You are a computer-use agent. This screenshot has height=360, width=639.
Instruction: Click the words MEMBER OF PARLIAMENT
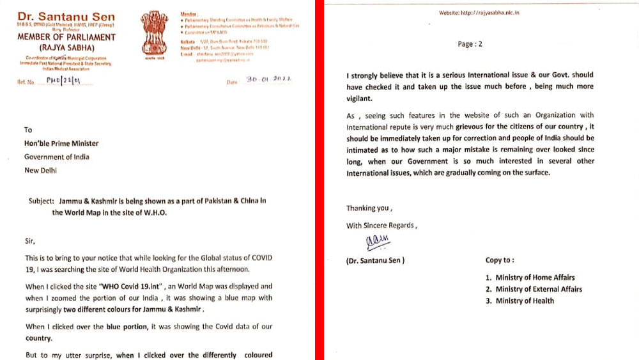coord(66,37)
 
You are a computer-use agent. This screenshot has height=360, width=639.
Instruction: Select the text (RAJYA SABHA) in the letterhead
coord(66,47)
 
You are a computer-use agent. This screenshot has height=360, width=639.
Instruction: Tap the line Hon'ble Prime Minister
coord(61,143)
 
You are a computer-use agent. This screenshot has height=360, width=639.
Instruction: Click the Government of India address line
coord(57,157)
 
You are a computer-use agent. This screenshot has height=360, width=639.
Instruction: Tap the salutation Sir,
coord(31,242)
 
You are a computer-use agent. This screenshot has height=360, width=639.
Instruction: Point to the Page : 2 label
coord(470,44)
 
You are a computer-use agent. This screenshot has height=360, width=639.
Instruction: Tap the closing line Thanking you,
coord(369,208)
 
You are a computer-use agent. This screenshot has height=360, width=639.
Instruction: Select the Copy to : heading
coord(500,260)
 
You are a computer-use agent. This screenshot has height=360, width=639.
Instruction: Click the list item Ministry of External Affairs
coord(534,289)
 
